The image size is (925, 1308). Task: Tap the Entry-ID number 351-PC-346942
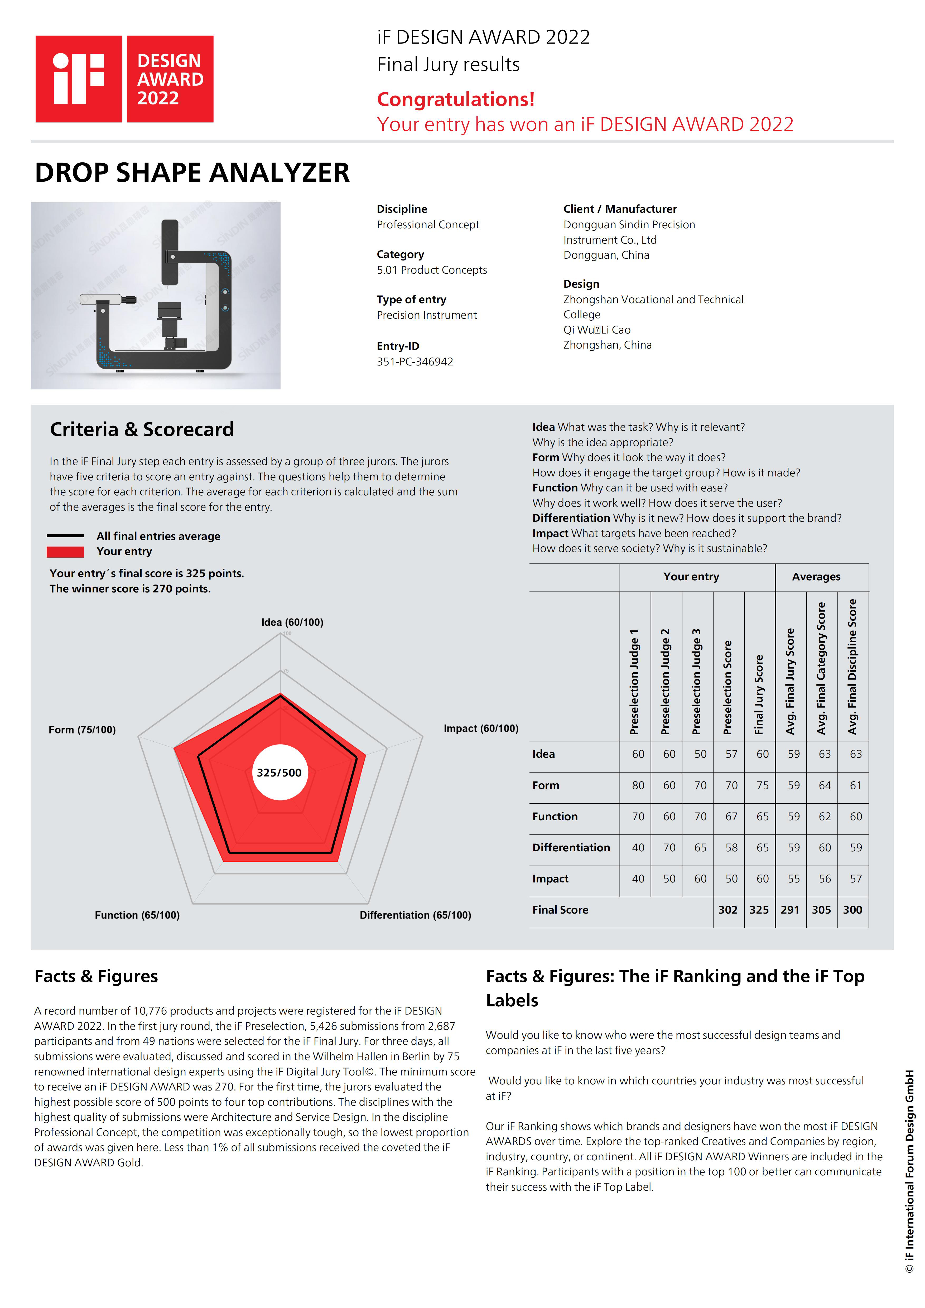click(415, 362)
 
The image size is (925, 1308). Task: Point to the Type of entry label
click(411, 300)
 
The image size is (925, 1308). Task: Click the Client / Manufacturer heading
click(620, 209)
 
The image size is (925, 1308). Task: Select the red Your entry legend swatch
click(65, 552)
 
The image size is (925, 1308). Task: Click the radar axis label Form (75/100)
click(82, 730)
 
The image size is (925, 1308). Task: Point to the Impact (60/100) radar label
click(481, 729)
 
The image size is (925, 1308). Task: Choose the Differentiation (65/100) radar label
click(415, 915)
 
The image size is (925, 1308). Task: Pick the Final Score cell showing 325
click(759, 910)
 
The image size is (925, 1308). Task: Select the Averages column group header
click(816, 577)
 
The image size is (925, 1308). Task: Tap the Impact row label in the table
click(550, 879)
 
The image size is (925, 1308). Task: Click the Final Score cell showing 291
click(790, 910)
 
